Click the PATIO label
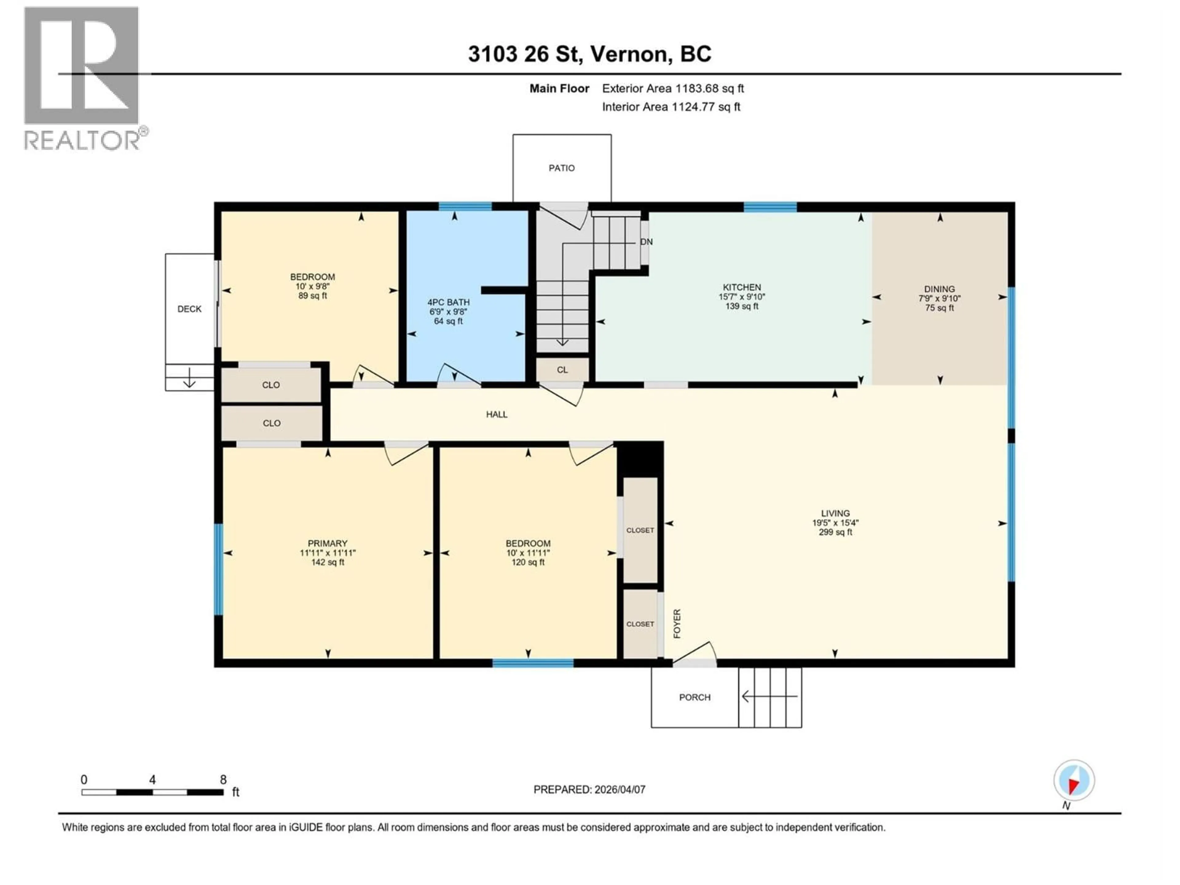[x=562, y=168]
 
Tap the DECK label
[x=189, y=309]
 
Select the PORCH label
[x=694, y=697]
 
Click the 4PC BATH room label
[x=448, y=302]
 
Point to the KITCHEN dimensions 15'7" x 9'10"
[x=741, y=297]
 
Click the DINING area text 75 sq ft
[x=939, y=308]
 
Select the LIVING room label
[x=835, y=513]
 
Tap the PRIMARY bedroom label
[x=328, y=543]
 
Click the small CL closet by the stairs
[x=562, y=370]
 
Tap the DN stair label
[x=646, y=242]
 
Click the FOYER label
[x=677, y=623]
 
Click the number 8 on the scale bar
[x=223, y=779]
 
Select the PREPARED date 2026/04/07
[x=589, y=789]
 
